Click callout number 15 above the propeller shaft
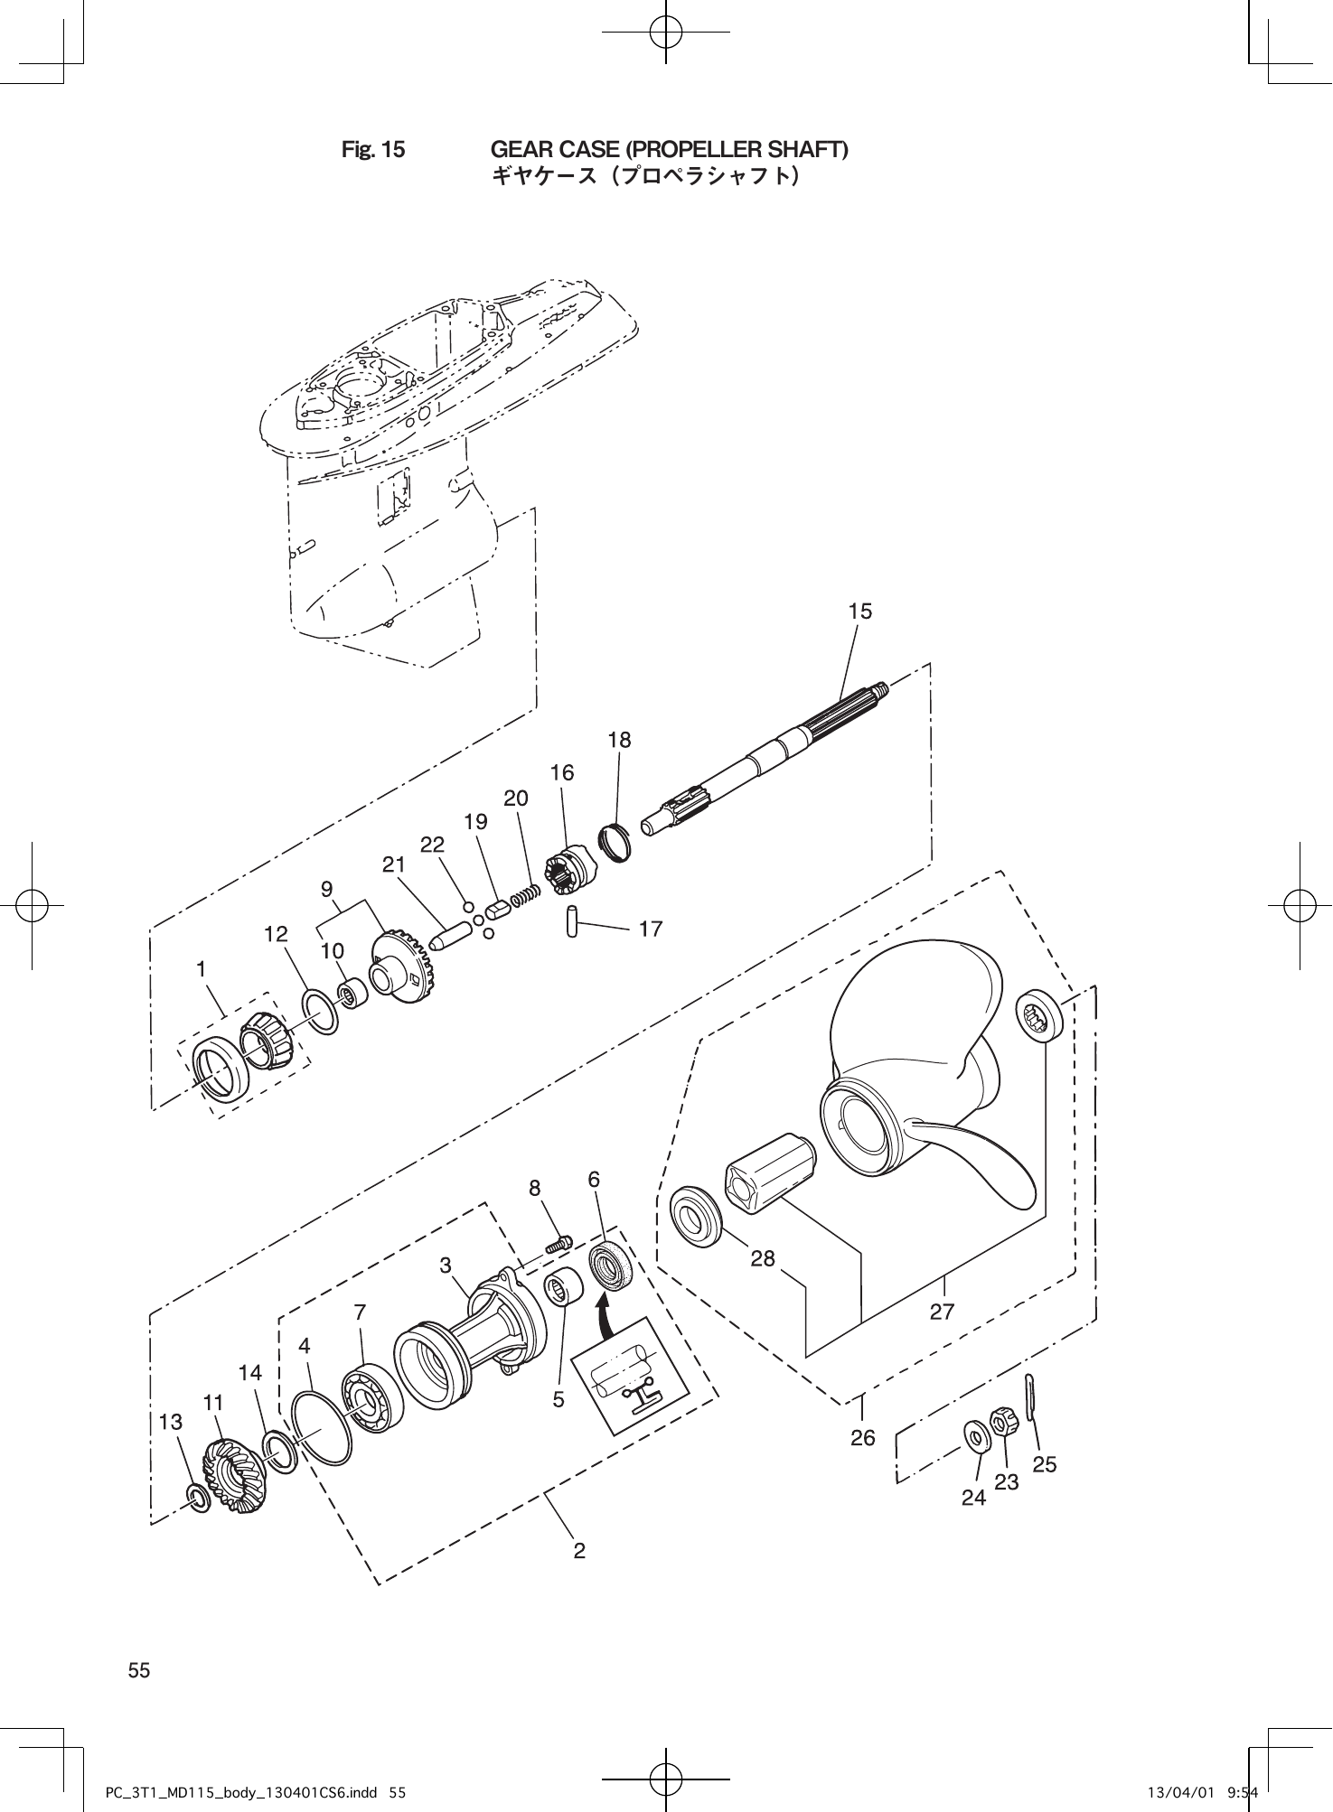pyautogui.click(x=860, y=612)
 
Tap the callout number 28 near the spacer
pyautogui.click(x=763, y=1258)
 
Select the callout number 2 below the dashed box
pyautogui.click(x=579, y=1551)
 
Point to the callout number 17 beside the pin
pyautogui.click(x=650, y=929)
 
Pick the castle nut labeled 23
pyautogui.click(x=1001, y=1423)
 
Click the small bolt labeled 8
pyautogui.click(x=559, y=1245)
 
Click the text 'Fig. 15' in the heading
pyautogui.click(x=373, y=149)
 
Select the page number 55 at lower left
pyautogui.click(x=139, y=1670)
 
